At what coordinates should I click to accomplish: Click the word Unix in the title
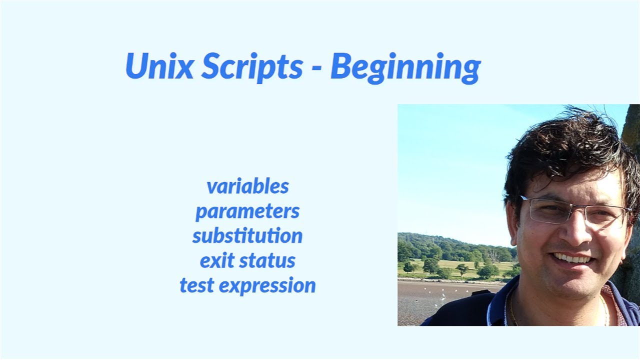coord(159,66)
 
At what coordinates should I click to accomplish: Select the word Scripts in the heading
coord(251,67)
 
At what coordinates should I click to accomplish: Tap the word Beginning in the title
coord(405,67)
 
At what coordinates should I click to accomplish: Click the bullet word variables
coord(247,186)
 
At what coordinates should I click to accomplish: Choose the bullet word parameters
coord(247,211)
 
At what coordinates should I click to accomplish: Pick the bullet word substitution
coord(247,236)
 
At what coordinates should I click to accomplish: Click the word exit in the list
coord(216,261)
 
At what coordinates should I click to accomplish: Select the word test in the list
coord(197,286)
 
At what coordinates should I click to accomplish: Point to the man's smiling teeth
coord(573,258)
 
